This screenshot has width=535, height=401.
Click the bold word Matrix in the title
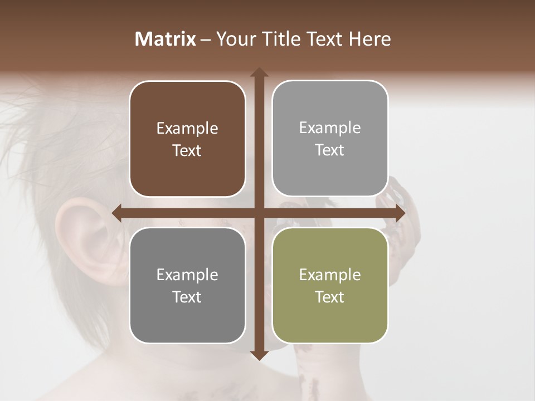click(x=166, y=39)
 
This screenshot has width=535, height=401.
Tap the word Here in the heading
click(x=370, y=39)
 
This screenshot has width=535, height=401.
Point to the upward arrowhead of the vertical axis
click(x=259, y=73)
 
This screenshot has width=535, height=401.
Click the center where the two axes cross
click(x=259, y=213)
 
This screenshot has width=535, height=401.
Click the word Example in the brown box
click(x=187, y=128)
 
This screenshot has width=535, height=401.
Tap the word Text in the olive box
click(x=330, y=297)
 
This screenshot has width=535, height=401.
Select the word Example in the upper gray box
click(x=330, y=128)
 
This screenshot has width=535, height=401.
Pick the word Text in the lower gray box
click(x=187, y=297)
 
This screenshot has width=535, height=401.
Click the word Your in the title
click(x=234, y=39)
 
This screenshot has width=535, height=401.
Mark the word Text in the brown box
click(x=187, y=150)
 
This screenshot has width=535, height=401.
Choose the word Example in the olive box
click(x=330, y=275)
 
